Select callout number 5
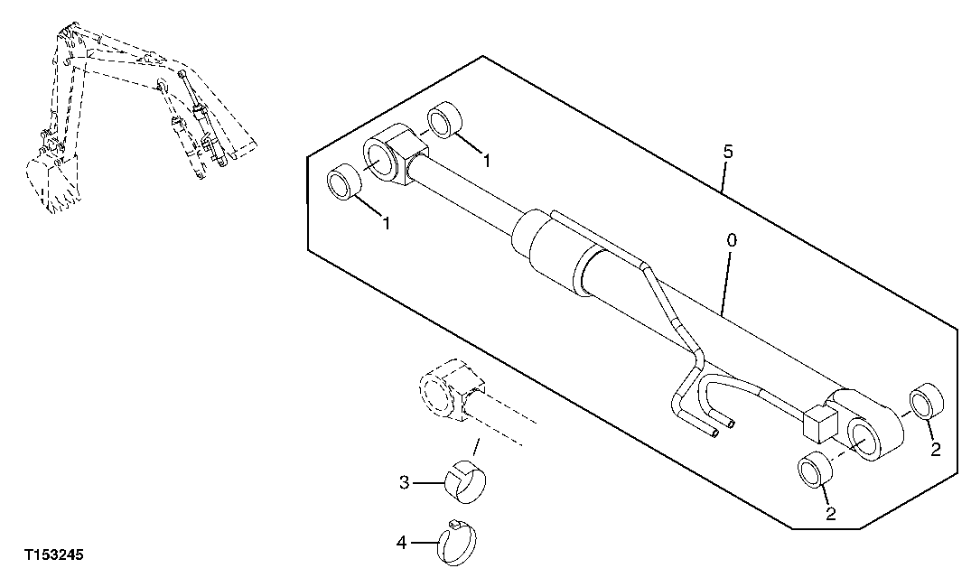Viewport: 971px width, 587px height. click(728, 152)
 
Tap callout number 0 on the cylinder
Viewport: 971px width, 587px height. click(732, 241)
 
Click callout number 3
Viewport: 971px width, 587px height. click(405, 483)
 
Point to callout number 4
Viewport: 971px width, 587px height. click(402, 543)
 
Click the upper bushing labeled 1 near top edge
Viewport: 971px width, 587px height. click(444, 122)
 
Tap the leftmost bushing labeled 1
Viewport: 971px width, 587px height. click(344, 183)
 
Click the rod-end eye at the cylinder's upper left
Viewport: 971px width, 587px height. click(390, 161)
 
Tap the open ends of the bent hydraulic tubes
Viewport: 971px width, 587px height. click(723, 426)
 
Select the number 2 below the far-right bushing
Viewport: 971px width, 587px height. click(937, 449)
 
